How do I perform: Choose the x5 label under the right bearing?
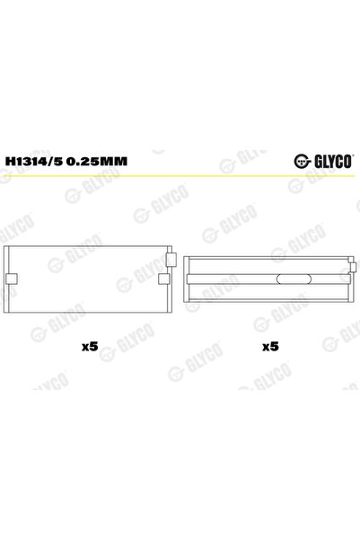click(x=269, y=347)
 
